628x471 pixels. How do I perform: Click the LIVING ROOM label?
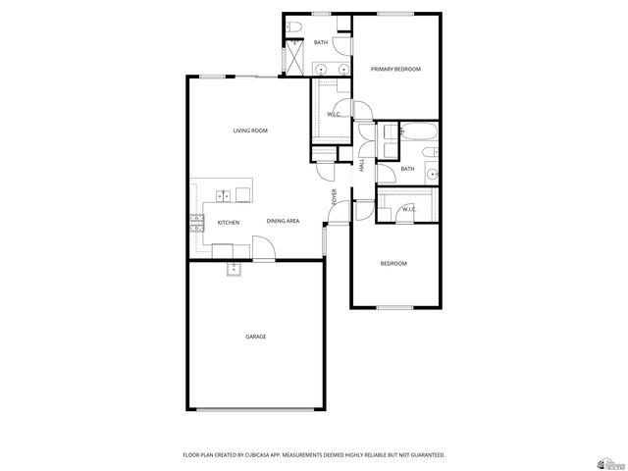pyautogui.click(x=250, y=131)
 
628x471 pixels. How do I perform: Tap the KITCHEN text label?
pyautogui.click(x=228, y=223)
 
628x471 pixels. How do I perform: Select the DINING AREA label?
pyautogui.click(x=283, y=222)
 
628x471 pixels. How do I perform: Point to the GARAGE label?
pyautogui.click(x=255, y=337)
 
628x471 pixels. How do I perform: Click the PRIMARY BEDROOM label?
pyautogui.click(x=395, y=69)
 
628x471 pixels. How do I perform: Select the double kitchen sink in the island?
pyautogui.click(x=224, y=195)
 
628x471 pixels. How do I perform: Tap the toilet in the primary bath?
pyautogui.click(x=296, y=30)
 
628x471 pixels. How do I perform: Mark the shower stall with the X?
pyautogui.click(x=292, y=59)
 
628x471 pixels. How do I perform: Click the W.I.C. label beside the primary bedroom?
pyautogui.click(x=334, y=115)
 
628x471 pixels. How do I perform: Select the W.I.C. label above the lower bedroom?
pyautogui.click(x=409, y=209)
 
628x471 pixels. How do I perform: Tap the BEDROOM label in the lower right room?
pyautogui.click(x=393, y=263)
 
